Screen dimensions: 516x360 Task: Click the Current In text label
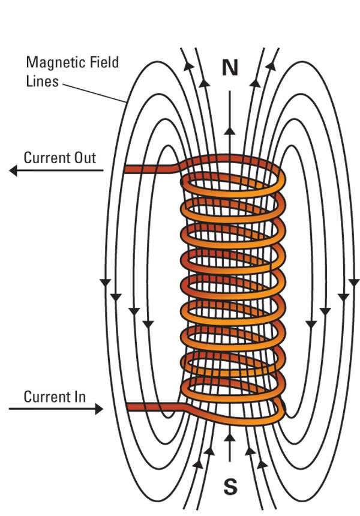55,397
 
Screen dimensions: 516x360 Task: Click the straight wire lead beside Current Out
150,170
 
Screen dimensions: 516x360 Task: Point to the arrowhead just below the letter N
230,131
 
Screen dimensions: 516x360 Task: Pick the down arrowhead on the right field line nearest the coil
311,325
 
